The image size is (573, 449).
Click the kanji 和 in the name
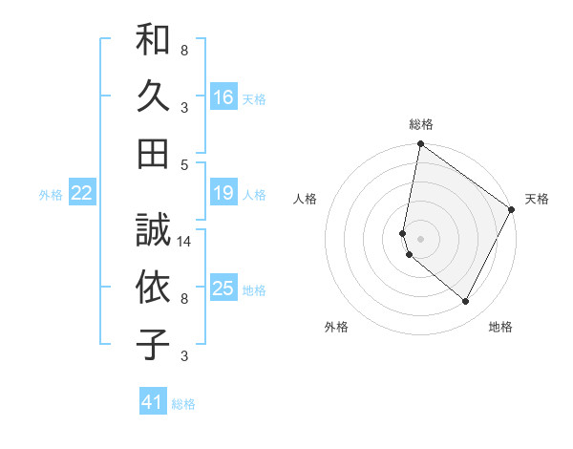pos(154,42)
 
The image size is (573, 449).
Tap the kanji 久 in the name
pos(154,96)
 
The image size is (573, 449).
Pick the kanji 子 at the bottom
pos(154,343)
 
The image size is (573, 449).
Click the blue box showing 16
pos(223,96)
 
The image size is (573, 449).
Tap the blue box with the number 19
pos(223,193)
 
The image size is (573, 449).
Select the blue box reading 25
pos(223,289)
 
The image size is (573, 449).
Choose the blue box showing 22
pos(82,193)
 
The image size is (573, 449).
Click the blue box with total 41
pos(153,402)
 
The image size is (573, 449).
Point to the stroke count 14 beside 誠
pos(185,242)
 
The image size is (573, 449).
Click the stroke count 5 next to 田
pos(184,164)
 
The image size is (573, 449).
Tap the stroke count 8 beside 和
pos(184,50)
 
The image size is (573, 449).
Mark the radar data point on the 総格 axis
pos(420,145)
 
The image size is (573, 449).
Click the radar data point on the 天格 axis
pos(512,210)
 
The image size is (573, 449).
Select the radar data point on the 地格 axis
pos(465,302)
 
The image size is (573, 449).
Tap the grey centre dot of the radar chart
pos(420,238)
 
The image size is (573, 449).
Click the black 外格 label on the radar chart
pos(336,328)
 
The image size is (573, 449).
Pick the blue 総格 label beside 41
pos(183,404)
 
